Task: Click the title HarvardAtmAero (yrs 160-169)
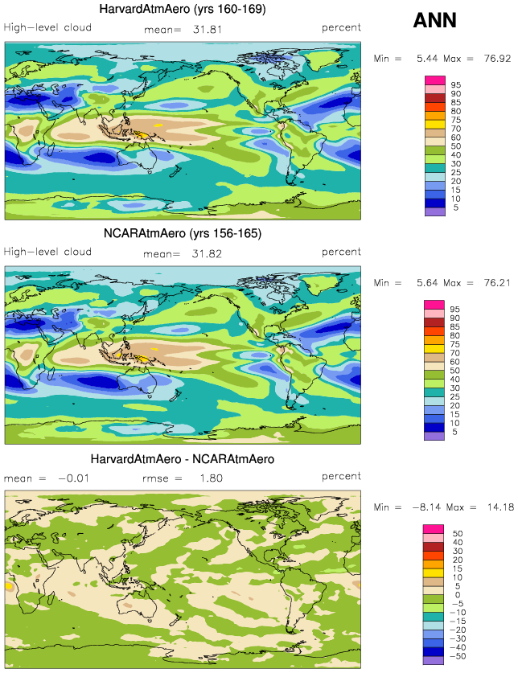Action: (183, 9)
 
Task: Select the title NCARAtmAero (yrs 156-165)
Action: (183, 233)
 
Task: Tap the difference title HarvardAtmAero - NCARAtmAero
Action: (183, 459)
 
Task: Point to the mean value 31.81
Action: (207, 28)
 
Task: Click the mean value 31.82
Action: (207, 252)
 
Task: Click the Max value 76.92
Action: (497, 59)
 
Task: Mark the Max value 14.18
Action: (497, 507)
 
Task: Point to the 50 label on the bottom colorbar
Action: (455, 534)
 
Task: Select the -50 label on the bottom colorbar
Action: (458, 656)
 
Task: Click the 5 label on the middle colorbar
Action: (455, 432)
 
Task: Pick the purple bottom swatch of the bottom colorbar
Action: (434, 660)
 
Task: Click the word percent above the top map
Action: (342, 27)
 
